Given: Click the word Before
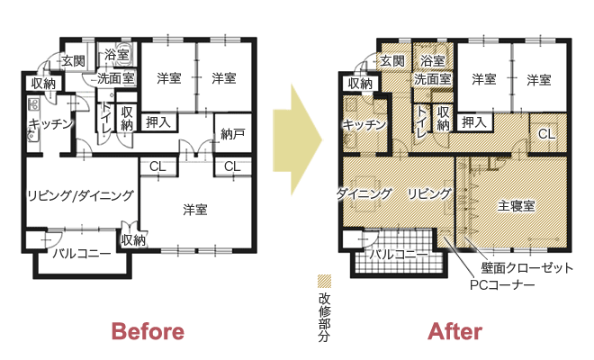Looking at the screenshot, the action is pyautogui.click(x=148, y=331).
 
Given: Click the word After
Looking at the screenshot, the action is pyautogui.click(x=455, y=331).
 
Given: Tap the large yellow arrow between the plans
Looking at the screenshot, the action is pyautogui.click(x=297, y=139).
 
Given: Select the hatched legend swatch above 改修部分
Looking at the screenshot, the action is pyautogui.click(x=324, y=281).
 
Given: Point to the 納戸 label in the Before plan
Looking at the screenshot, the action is pyautogui.click(x=232, y=134).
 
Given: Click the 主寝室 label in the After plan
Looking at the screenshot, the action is pyautogui.click(x=516, y=206).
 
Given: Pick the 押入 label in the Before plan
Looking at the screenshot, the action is pyautogui.click(x=158, y=122).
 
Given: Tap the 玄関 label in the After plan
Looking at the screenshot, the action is pyautogui.click(x=392, y=60).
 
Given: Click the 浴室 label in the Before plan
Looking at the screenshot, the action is pyautogui.click(x=117, y=55).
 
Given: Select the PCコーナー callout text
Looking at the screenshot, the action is pyautogui.click(x=502, y=284).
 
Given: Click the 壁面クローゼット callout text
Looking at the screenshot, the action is pyautogui.click(x=526, y=268).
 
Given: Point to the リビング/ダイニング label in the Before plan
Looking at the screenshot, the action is pyautogui.click(x=80, y=195).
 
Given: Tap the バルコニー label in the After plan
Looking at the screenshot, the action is pyautogui.click(x=399, y=254).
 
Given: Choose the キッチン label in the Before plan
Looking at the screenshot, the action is pyautogui.click(x=50, y=123).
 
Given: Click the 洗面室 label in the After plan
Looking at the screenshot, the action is pyautogui.click(x=432, y=79).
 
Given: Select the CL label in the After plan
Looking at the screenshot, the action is pyautogui.click(x=546, y=134).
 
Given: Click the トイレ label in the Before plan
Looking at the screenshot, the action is pyautogui.click(x=105, y=118).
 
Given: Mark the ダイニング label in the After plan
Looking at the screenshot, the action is pyautogui.click(x=364, y=193).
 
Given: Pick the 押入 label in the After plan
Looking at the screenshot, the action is pyautogui.click(x=474, y=122).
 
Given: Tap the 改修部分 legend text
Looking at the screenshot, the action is pyautogui.click(x=324, y=318).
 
